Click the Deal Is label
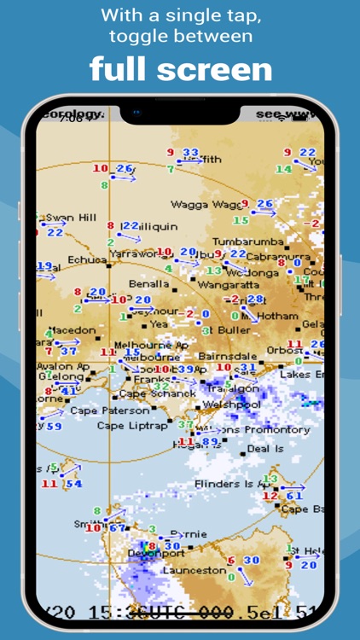[x=265, y=448]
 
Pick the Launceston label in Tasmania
[x=195, y=570]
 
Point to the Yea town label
[x=159, y=324]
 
